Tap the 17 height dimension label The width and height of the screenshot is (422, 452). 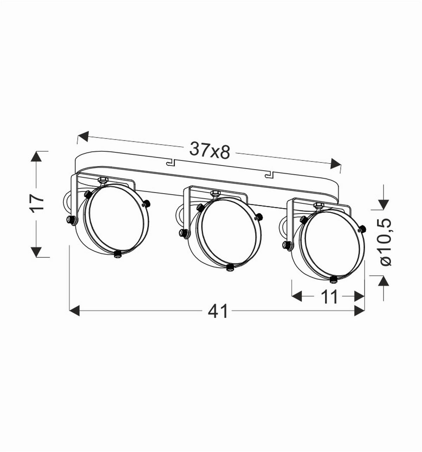click(38, 203)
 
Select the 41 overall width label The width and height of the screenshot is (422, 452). click(218, 311)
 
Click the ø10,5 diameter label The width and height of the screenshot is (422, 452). click(385, 242)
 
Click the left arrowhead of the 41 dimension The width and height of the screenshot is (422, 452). click(75, 311)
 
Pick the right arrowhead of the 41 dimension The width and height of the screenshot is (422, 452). click(359, 311)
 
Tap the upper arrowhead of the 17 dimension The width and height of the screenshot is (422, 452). click(36, 157)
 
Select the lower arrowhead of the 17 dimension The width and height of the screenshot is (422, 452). click(36, 252)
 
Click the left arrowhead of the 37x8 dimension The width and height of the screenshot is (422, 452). click(83, 136)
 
